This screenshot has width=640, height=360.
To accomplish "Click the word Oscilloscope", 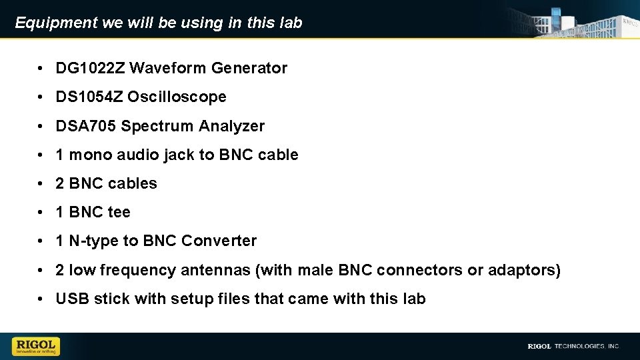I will [x=177, y=97].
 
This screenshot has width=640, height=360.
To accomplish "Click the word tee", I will [x=119, y=213].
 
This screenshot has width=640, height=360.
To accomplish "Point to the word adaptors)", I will [x=523, y=271].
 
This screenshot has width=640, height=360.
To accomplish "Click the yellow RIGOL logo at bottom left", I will [x=36, y=346].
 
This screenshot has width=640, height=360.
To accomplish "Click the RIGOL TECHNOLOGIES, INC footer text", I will [x=573, y=346].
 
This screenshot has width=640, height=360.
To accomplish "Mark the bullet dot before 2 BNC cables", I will [x=41, y=184].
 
